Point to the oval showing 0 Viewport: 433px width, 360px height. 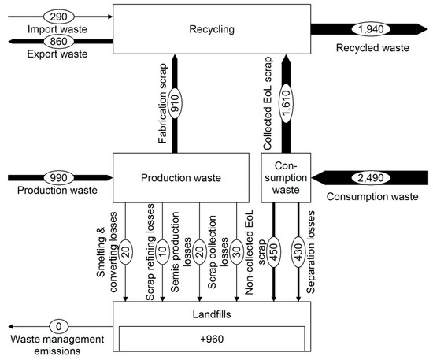pos(57,325)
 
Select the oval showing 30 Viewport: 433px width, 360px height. pos(236,244)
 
